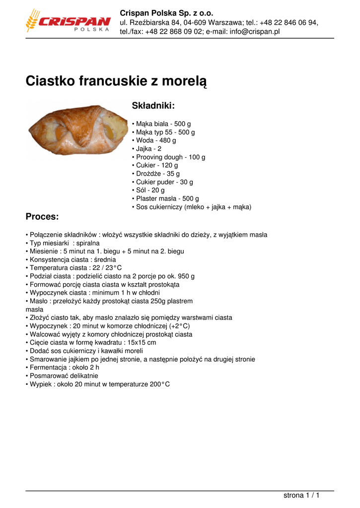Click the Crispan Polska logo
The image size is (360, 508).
coord(68,22)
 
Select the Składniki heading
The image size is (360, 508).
coord(153,105)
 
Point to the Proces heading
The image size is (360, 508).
coord(42,217)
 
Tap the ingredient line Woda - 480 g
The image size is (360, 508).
coord(156,140)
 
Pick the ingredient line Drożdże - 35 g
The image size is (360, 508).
coord(158,174)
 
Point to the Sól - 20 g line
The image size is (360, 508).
coord(150,190)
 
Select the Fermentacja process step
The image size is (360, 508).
coord(64,368)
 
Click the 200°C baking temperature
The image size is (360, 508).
coord(159,384)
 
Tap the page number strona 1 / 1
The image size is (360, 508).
coord(301,495)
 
